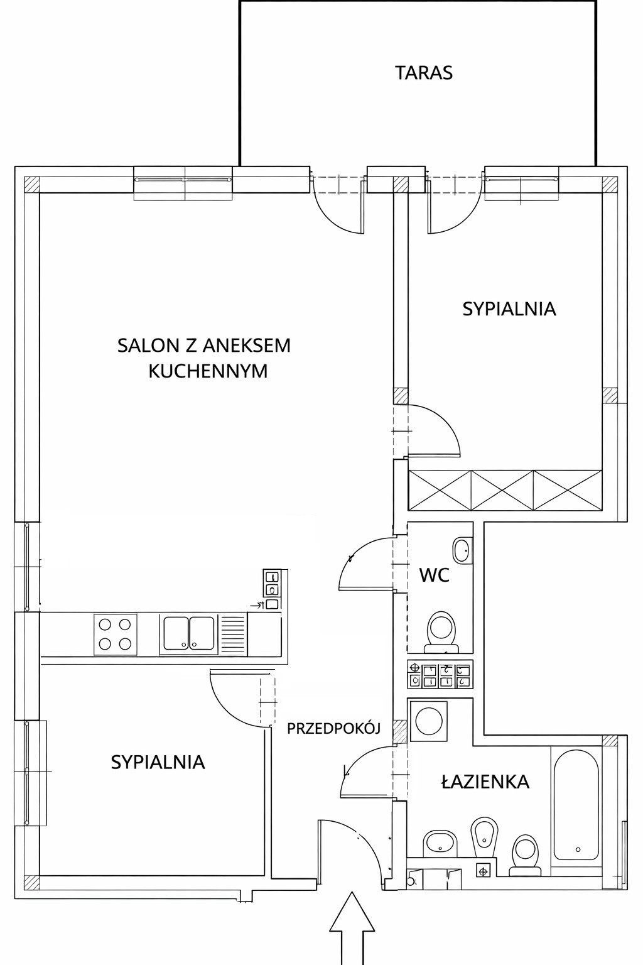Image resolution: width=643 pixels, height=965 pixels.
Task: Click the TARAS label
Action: [424, 73]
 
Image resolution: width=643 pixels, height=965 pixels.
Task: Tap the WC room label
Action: [434, 575]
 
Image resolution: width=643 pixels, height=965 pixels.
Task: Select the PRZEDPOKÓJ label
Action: [334, 728]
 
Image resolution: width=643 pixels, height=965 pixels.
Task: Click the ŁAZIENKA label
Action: [485, 781]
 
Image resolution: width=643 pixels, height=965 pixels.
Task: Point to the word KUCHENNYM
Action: [208, 371]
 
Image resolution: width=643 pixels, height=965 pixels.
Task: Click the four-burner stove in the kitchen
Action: [115, 634]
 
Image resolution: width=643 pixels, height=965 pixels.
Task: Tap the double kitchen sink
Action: [189, 634]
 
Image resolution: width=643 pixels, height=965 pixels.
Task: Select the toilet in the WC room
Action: [441, 633]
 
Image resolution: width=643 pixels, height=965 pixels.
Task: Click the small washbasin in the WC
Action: [463, 550]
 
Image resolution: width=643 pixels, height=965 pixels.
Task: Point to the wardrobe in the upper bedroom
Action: [504, 490]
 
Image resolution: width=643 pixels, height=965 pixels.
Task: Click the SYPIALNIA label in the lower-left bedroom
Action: [158, 763]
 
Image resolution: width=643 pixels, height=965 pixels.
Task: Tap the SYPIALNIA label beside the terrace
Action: [509, 309]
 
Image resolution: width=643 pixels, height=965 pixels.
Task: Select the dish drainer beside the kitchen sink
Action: [233, 634]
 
